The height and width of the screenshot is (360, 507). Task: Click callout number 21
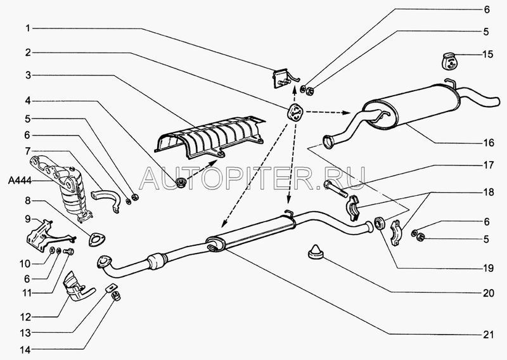click(x=488, y=335)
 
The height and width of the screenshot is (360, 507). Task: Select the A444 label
click(x=20, y=181)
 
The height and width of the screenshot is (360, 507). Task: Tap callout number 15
click(x=488, y=55)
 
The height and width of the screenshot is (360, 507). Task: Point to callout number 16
click(x=489, y=143)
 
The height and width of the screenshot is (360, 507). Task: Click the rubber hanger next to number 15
click(x=449, y=60)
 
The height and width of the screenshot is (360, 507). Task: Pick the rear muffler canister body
click(x=411, y=106)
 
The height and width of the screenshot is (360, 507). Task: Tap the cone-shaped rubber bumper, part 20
click(x=316, y=252)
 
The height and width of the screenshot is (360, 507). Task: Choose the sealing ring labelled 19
click(x=380, y=224)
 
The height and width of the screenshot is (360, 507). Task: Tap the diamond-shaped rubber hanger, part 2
click(x=294, y=112)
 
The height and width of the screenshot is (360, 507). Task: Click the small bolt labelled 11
click(x=69, y=251)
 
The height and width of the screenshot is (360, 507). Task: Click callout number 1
click(x=28, y=29)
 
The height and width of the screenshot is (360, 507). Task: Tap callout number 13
click(x=25, y=333)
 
